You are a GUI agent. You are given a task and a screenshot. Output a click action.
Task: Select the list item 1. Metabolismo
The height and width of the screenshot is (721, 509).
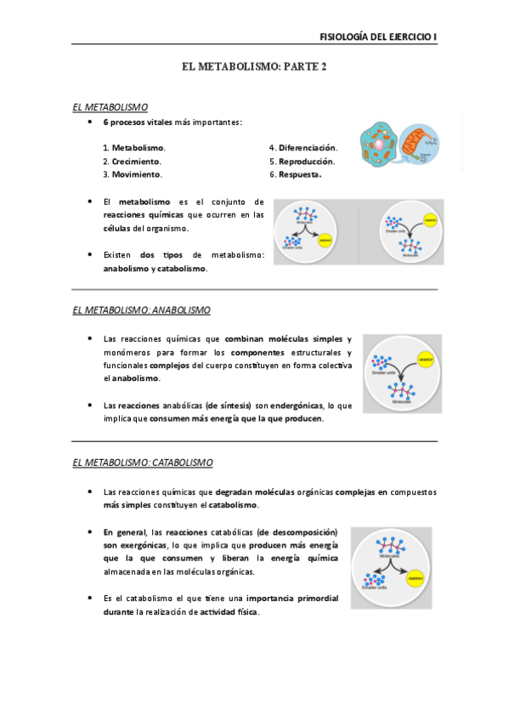pos(133,148)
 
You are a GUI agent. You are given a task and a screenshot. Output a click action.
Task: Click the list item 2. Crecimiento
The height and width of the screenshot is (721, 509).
pos(132,161)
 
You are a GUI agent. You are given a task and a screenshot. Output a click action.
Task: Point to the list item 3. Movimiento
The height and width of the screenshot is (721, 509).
pos(132,174)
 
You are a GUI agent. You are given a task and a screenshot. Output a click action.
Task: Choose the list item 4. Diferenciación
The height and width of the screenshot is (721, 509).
pos(303,148)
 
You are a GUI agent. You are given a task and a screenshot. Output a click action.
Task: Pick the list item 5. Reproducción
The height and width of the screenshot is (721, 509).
pos(302,161)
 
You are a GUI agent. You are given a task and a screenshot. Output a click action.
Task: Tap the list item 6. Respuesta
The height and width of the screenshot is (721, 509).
pos(295,174)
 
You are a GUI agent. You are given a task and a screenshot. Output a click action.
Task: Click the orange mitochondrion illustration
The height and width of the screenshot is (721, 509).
pos(417,143)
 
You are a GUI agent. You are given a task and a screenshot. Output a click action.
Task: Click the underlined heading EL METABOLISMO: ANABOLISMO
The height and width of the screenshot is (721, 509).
pos(142,310)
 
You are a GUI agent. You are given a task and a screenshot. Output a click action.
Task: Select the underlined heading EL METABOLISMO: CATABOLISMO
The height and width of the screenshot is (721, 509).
pos(143,463)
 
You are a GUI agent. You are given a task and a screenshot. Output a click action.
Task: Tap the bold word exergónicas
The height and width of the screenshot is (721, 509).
pos(136,544)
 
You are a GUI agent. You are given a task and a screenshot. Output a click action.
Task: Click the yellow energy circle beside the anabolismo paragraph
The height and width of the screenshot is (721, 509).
pos(427,360)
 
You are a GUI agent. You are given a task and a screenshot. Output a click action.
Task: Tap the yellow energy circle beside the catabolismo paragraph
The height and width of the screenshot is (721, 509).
pos(416,577)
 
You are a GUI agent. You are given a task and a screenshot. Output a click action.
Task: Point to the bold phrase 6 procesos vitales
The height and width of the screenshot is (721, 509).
pos(138,122)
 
